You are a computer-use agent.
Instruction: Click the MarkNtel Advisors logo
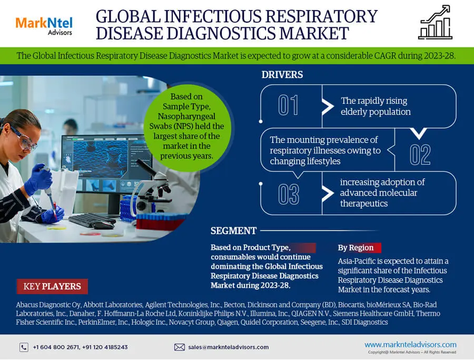pyautogui.click(x=44, y=26)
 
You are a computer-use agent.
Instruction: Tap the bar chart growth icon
pyautogui.click(x=436, y=22)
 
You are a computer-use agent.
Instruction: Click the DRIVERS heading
pyautogui.click(x=282, y=75)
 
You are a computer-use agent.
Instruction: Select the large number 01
pyautogui.click(x=288, y=105)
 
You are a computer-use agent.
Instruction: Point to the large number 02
pyautogui.click(x=420, y=154)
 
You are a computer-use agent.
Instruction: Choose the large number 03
pyautogui.click(x=289, y=194)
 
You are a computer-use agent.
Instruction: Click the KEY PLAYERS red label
pyautogui.click(x=52, y=286)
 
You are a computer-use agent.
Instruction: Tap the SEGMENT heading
pyautogui.click(x=234, y=231)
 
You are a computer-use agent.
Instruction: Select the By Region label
pyautogui.click(x=356, y=248)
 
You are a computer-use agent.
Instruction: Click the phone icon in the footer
pyautogui.click(x=24, y=347)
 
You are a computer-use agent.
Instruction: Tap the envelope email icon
pyautogui.click(x=179, y=347)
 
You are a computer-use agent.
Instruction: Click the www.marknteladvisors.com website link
pyautogui.click(x=410, y=345)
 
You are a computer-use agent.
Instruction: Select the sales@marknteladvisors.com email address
pyautogui.click(x=228, y=347)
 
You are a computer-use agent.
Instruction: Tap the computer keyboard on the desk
pyautogui.click(x=92, y=220)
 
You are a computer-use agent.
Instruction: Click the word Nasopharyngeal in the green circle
pyautogui.click(x=186, y=116)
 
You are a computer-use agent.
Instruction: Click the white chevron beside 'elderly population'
pyautogui.click(x=328, y=106)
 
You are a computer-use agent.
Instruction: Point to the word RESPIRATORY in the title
pyautogui.click(x=321, y=16)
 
